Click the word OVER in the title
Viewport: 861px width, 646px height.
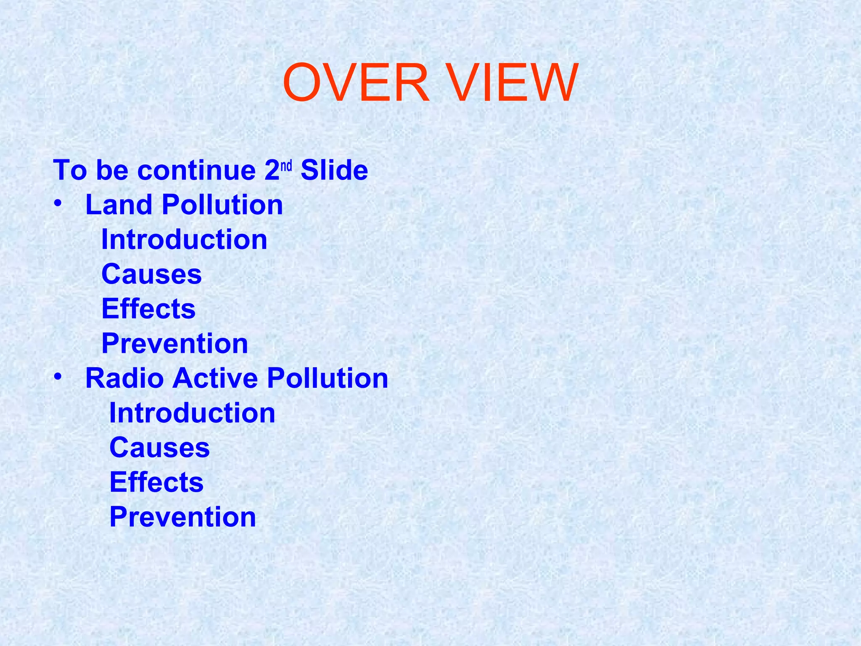[x=356, y=83]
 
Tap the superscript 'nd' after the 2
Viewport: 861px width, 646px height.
[x=286, y=166]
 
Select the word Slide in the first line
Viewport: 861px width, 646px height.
[x=334, y=170]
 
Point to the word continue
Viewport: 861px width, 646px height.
[x=196, y=170]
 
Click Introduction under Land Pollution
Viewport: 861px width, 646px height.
[x=184, y=239]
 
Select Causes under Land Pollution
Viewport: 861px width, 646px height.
[x=151, y=274]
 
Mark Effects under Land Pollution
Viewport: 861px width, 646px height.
[x=148, y=309]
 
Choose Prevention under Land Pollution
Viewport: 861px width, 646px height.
[x=174, y=344]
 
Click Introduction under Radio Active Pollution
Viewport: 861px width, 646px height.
[x=192, y=413]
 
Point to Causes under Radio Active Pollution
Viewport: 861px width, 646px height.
[x=159, y=447]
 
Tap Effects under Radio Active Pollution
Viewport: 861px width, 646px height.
[x=156, y=482]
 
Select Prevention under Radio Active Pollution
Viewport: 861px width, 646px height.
[x=182, y=517]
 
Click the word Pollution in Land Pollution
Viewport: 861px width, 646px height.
[x=222, y=205]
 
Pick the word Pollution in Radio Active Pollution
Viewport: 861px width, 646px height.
[x=327, y=378]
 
